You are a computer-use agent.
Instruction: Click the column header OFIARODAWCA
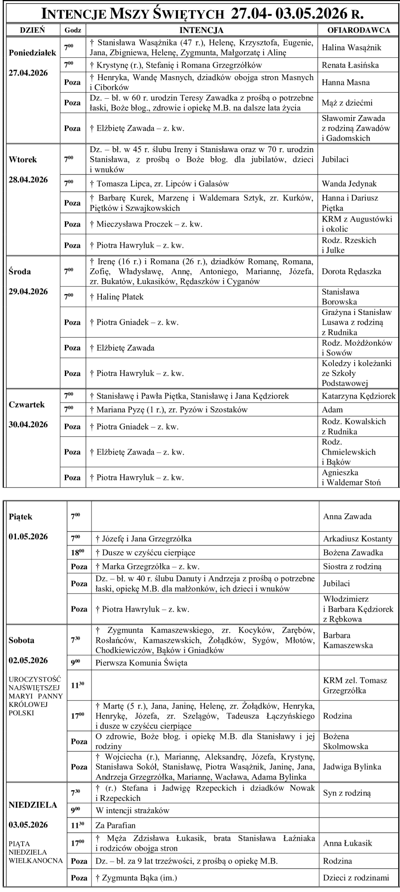[358, 30]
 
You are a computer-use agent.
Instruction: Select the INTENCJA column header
[201, 30]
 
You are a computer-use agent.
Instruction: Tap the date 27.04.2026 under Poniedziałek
[28, 73]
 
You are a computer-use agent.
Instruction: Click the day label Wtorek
[23, 159]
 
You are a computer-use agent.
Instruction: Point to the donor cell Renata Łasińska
[350, 65]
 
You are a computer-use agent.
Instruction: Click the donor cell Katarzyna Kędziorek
[358, 396]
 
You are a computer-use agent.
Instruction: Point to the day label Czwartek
[27, 405]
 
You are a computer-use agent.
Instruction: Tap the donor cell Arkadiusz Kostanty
[357, 539]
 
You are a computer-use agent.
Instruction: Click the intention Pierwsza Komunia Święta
[141, 662]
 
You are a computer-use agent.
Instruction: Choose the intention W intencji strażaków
[132, 810]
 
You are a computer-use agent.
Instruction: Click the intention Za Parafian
[116, 825]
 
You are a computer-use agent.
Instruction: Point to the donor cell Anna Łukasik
[348, 843]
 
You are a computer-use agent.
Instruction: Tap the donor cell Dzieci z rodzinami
[356, 878]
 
